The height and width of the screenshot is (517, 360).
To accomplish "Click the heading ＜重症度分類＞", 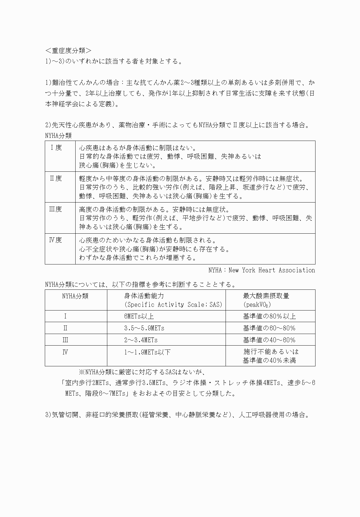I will pyautogui.click(x=68, y=51).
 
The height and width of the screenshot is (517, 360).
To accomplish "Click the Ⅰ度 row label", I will pyautogui.click(x=56, y=148).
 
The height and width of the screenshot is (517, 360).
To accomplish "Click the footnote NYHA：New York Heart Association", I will pyautogui.click(x=262, y=270).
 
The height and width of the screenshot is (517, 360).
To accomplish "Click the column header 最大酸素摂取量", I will pyautogui.click(x=266, y=296).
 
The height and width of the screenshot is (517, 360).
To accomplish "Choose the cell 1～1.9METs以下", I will pyautogui.click(x=147, y=352).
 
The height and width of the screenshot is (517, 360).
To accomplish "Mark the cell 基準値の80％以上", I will pyautogui.click(x=269, y=316).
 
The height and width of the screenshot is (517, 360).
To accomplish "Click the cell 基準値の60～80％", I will pyautogui.click(x=269, y=328).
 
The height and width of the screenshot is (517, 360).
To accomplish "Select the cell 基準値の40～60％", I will pyautogui.click(x=269, y=340).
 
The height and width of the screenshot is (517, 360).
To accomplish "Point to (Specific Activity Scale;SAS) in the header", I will pyautogui.click(x=173, y=304).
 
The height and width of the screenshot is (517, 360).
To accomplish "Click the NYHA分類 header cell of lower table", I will pyautogui.click(x=75, y=296).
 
